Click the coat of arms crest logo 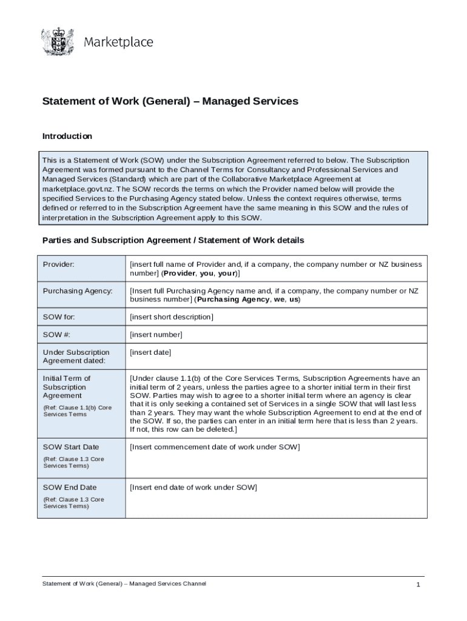pos(57,42)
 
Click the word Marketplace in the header pos(118,42)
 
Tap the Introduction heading pos(67,136)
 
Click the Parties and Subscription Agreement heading pos(173,241)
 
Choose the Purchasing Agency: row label pos(77,291)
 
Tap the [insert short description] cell pos(172,317)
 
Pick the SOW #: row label pos(56,335)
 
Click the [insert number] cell pos(156,335)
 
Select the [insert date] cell pos(150,352)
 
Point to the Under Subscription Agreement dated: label pos(76,357)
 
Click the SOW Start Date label pos(70,448)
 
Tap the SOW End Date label pos(69,488)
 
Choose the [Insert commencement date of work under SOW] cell pos(215,448)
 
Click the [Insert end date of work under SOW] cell pos(193,488)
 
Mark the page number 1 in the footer pos(418,585)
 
